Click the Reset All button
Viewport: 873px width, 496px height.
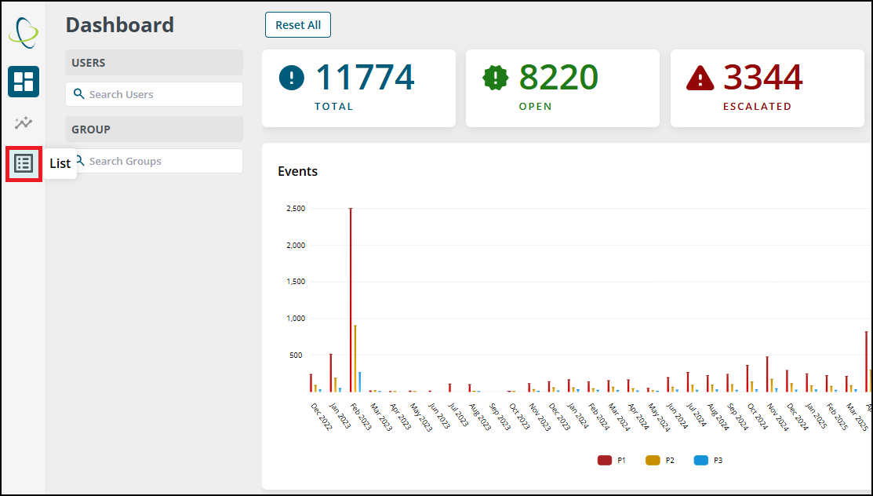298,25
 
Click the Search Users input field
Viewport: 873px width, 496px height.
154,94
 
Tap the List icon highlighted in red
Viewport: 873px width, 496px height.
24,164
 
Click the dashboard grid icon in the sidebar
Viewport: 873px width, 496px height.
24,82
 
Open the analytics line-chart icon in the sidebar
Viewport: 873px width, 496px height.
24,122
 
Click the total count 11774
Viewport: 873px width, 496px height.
365,77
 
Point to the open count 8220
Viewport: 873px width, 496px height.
558,77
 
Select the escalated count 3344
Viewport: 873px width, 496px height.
762,77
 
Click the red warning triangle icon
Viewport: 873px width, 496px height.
700,78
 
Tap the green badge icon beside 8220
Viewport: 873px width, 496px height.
495,78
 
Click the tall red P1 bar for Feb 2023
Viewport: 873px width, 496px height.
351,300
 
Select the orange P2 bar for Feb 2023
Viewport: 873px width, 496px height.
355,359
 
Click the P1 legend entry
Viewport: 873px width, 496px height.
611,461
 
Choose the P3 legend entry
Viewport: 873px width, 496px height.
708,461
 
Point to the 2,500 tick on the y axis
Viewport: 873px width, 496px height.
296,209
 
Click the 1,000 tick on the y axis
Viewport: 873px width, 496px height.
296,318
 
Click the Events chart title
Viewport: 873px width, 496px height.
297,171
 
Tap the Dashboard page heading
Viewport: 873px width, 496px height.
120,25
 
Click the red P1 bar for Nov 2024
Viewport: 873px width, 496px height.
767,374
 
